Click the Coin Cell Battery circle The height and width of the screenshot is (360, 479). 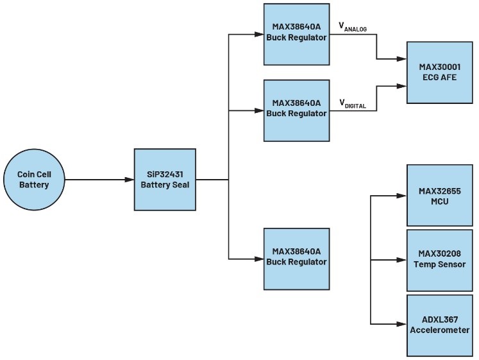pyautogui.click(x=33, y=180)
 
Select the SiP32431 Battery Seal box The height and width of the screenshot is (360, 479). pyautogui.click(x=165, y=180)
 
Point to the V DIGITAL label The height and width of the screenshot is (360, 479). pyautogui.click(x=353, y=103)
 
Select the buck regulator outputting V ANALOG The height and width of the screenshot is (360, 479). pyautogui.click(x=296, y=33)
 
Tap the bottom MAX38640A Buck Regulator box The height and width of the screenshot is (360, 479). pyautogui.click(x=296, y=258)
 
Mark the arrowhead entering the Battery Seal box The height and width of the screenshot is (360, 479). pyautogui.click(x=130, y=180)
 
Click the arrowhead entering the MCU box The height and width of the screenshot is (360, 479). pyautogui.click(x=403, y=196)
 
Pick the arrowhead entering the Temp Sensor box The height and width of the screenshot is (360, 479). pyautogui.click(x=403, y=260)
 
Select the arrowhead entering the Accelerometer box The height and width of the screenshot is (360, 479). pyautogui.click(x=403, y=324)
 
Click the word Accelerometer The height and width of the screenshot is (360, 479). pyautogui.click(x=440, y=330)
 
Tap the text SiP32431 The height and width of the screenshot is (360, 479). pyautogui.click(x=165, y=175)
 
